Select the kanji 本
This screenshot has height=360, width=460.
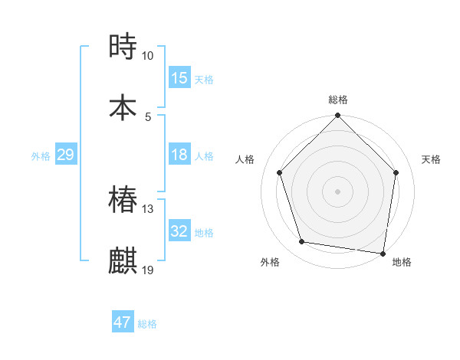[x=123, y=106]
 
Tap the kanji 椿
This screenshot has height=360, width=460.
[x=123, y=200]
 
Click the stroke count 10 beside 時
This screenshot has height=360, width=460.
[x=148, y=56]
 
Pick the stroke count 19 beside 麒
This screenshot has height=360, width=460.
[x=148, y=270]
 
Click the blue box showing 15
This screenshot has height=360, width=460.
[x=179, y=78]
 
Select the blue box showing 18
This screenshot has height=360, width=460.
[x=179, y=155]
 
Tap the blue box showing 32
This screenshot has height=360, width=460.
[x=179, y=231]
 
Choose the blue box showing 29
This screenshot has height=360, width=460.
[x=65, y=155]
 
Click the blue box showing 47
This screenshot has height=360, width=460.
[x=123, y=322]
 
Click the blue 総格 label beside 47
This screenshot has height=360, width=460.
[x=147, y=324]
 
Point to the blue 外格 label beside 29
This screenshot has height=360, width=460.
[x=41, y=156]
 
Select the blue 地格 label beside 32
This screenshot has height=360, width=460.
[x=204, y=233]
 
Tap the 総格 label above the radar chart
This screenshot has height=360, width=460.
[x=338, y=100]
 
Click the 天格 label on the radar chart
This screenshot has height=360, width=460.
[x=432, y=159]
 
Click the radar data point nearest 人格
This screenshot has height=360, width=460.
[x=280, y=172]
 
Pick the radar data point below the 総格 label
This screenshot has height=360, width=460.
[x=338, y=116]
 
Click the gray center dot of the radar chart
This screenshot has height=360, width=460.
[x=338, y=191]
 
